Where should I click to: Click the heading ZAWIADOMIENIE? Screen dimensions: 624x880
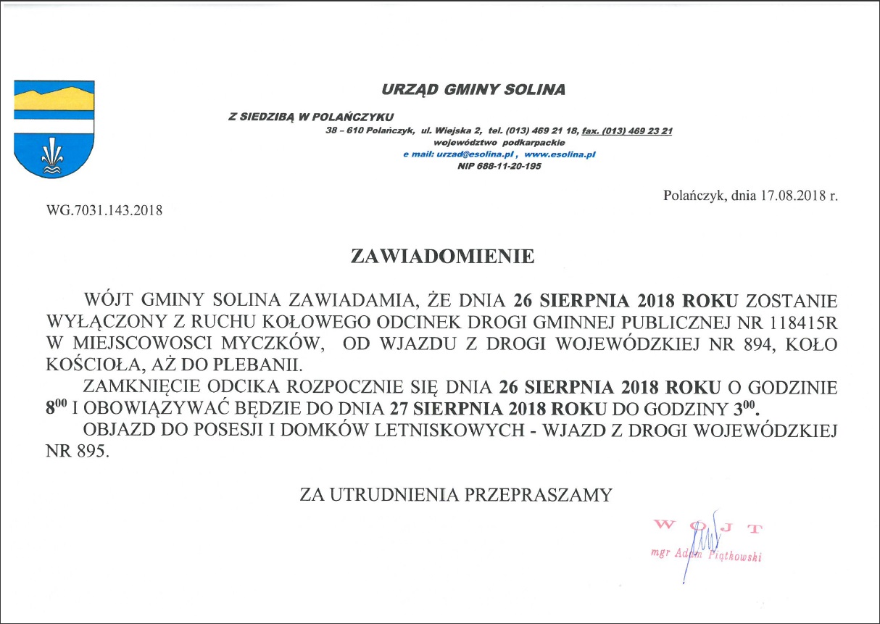pos(442,257)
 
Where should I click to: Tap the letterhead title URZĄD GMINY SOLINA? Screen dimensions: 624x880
pos(473,90)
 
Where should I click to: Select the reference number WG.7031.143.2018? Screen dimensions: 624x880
pos(104,211)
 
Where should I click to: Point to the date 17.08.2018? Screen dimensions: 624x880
pos(790,196)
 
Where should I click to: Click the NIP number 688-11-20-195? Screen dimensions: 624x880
pos(510,166)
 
